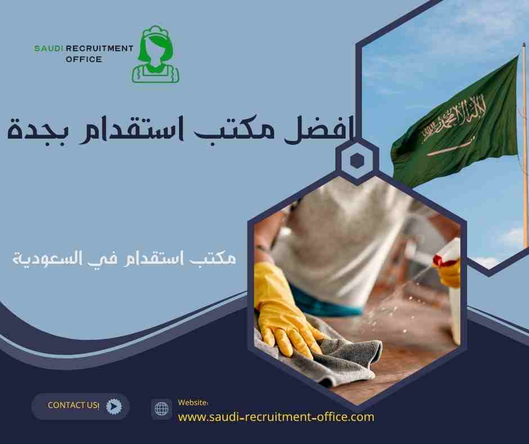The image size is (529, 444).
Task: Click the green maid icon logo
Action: point(156,55)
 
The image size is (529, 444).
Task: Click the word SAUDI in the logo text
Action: point(50,48)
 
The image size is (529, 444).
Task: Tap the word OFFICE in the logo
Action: point(83,59)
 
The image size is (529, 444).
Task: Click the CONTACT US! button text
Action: point(74,405)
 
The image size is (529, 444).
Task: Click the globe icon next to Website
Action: point(162,409)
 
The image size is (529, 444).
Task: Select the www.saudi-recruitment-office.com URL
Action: point(276,417)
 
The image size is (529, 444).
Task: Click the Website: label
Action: point(193,402)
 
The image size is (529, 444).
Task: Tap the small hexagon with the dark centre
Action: point(356,161)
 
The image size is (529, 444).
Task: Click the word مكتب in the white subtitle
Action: point(217,259)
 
